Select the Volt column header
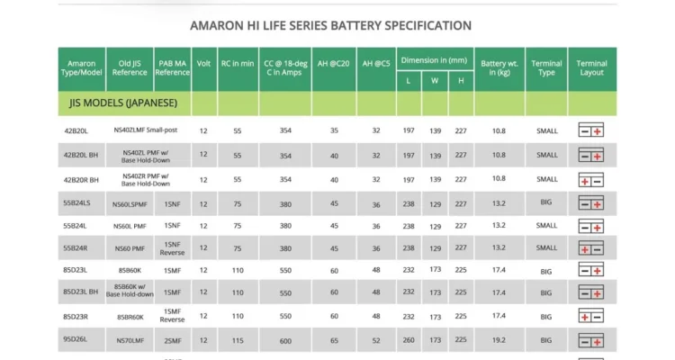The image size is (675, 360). point(203,64)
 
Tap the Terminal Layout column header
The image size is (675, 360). point(591,68)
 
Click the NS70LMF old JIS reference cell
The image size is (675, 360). point(130,341)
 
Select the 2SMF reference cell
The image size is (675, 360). point(172,341)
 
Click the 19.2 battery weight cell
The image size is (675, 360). point(499,341)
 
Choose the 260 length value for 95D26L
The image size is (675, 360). point(409,341)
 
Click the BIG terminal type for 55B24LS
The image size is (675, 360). point(546,202)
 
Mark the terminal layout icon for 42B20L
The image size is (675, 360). point(591,131)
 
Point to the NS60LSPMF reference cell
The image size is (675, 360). point(130,203)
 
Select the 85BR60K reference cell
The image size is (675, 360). point(130,317)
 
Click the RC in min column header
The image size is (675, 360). point(238,64)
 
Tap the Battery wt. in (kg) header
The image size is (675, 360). point(499,68)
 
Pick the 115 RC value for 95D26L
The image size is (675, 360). point(238,341)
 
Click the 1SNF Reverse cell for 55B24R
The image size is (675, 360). point(172,247)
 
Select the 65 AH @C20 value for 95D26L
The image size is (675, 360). point(334,341)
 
